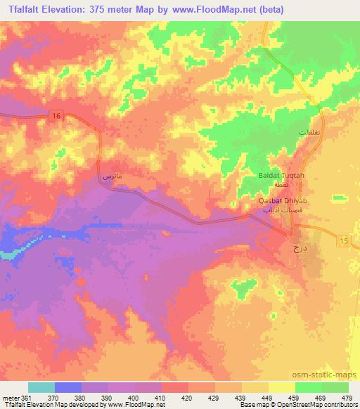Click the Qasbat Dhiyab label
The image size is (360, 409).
pyautogui.click(x=280, y=200)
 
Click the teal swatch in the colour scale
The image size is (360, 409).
pyautogui.click(x=41, y=387)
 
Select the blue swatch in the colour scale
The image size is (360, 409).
pyautogui.click(x=68, y=387)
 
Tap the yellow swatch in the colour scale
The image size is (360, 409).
pyautogui.click(x=281, y=387)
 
